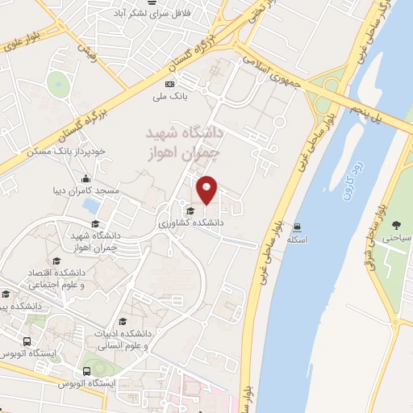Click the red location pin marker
click(207, 190)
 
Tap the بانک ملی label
click(171, 97)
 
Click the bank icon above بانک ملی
click(170, 85)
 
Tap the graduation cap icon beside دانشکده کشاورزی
click(190, 211)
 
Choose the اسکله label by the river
click(298, 239)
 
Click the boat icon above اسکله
click(298, 227)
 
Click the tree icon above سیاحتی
click(396, 225)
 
